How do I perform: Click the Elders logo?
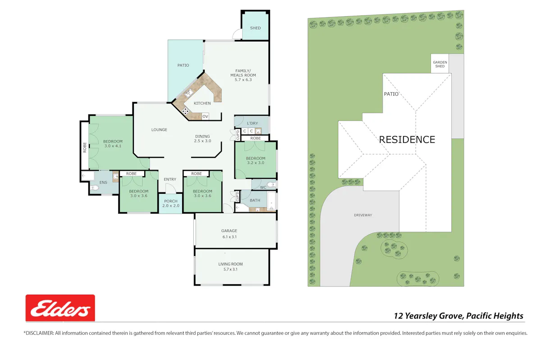[x=60, y=308]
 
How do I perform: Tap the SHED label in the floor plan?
[x=255, y=28]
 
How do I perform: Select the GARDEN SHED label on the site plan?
[x=440, y=64]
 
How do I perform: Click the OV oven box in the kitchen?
[x=205, y=116]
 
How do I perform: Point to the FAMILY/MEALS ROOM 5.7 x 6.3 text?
[x=243, y=75]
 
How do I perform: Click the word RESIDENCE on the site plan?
[x=407, y=140]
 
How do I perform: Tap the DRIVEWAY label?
[x=363, y=215]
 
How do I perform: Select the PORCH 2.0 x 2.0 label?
[x=171, y=203]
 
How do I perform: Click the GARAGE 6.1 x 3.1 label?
[x=229, y=234]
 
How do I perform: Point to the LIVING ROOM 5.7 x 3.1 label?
[x=230, y=267]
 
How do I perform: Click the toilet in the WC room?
[x=271, y=185]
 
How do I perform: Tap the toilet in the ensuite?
[x=95, y=188]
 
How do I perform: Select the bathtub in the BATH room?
[x=271, y=201]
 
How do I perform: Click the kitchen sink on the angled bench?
[x=188, y=93]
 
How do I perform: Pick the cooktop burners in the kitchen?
[x=185, y=111]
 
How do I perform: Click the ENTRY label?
[x=170, y=179]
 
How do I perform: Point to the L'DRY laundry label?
[x=252, y=123]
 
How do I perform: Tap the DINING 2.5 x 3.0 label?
[x=202, y=139]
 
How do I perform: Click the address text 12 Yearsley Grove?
[x=428, y=316]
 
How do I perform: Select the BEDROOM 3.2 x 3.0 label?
[x=256, y=160]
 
